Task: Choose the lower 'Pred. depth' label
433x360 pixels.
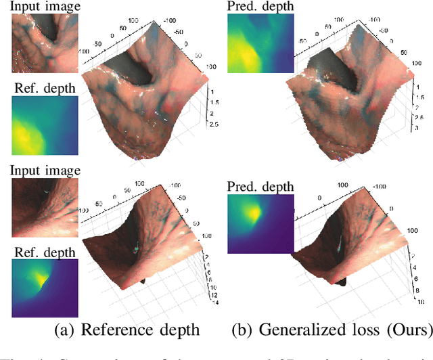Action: point(260,185)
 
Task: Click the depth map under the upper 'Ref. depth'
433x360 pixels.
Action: point(44,126)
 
